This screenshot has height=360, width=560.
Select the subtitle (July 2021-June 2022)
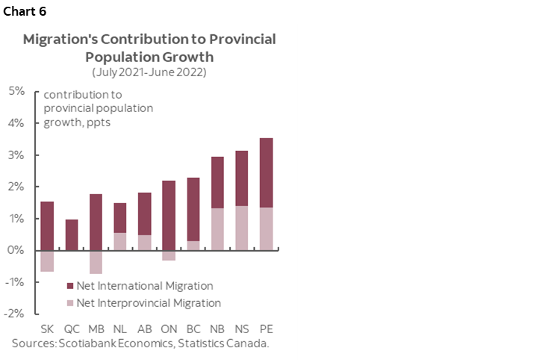click(149, 72)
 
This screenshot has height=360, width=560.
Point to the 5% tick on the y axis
click(16, 91)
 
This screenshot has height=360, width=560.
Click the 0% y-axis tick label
click(16, 250)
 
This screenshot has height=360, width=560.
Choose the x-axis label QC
click(72, 329)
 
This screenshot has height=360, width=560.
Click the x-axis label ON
click(169, 329)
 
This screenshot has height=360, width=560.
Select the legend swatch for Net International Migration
click(70, 286)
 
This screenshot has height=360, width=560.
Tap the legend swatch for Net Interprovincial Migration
click(70, 303)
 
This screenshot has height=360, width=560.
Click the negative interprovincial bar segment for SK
click(47, 261)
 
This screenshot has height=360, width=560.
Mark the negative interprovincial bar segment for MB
click(96, 262)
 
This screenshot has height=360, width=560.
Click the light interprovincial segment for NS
click(242, 228)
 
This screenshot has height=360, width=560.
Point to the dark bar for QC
click(72, 235)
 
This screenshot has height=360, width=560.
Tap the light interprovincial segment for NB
click(217, 229)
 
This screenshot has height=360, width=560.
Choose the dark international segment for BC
click(193, 209)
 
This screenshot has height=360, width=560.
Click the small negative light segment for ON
click(169, 255)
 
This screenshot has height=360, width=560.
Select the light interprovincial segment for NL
click(120, 241)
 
